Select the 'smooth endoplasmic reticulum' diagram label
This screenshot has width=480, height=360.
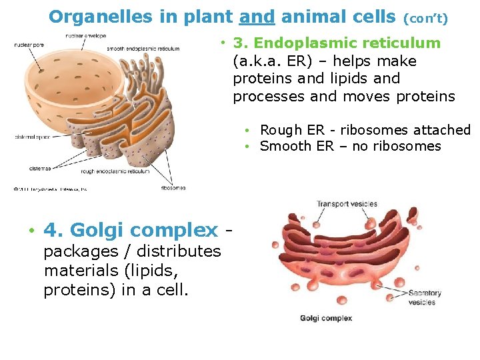143,49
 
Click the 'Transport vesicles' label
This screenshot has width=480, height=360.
347,204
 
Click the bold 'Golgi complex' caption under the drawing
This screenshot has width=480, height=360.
326,319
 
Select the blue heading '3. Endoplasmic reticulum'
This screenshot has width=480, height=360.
337,43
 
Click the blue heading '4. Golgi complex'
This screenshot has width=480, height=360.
131,231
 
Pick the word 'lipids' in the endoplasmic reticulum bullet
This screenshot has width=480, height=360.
375,79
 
